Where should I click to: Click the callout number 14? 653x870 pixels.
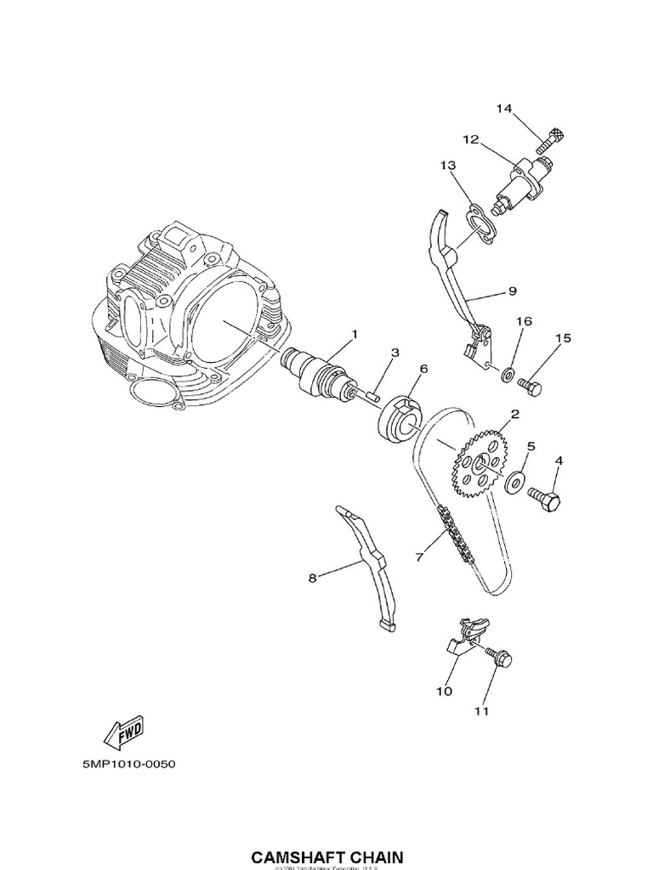click(x=504, y=108)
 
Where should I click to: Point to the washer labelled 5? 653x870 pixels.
click(x=515, y=483)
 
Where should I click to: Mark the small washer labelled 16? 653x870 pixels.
click(x=507, y=372)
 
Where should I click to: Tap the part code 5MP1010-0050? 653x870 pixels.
click(x=128, y=764)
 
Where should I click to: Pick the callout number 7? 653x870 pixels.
click(x=418, y=557)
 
